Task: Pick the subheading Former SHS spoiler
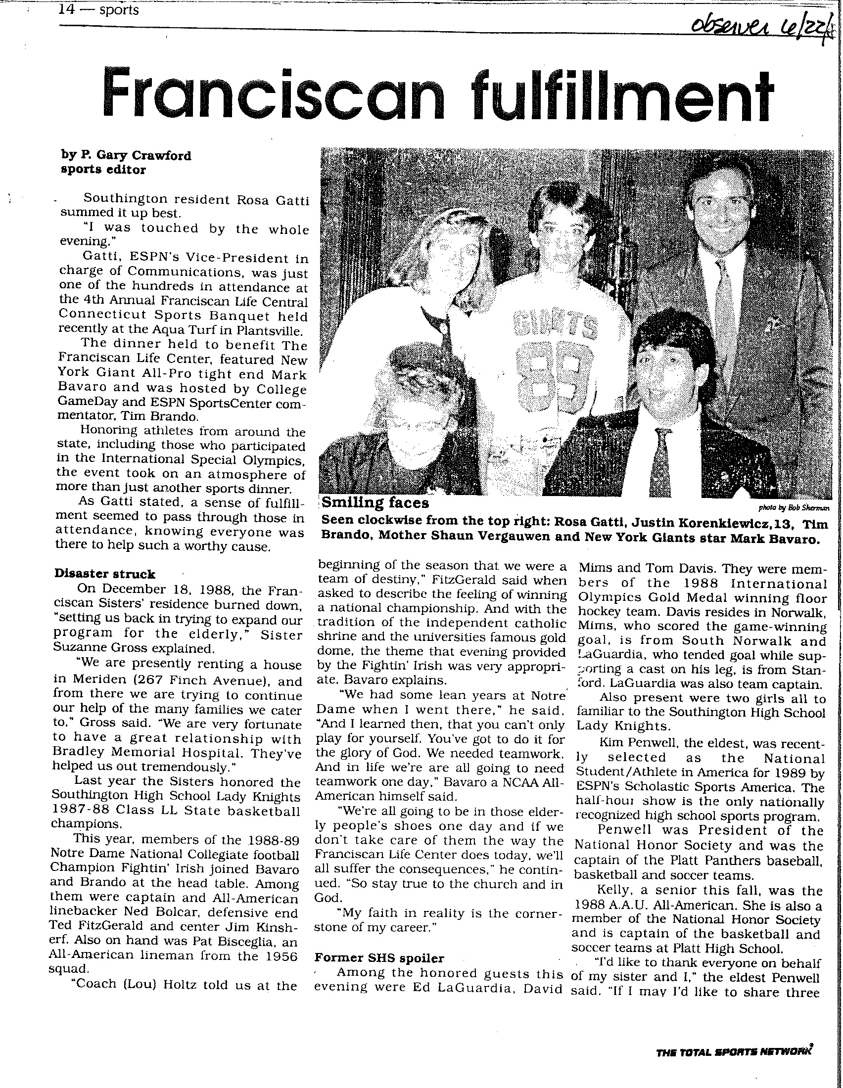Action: (379, 957)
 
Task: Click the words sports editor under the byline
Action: (103, 169)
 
